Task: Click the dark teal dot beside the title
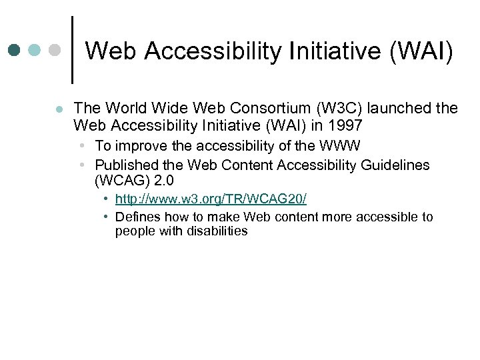pos(15,51)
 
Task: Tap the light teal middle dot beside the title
pos(35,51)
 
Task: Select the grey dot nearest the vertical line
pos(55,51)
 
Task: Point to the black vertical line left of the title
pos(72,50)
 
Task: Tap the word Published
pos(125,165)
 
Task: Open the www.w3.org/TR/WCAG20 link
pos(211,199)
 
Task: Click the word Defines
pos(135,217)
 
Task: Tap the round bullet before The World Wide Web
pos(59,109)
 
